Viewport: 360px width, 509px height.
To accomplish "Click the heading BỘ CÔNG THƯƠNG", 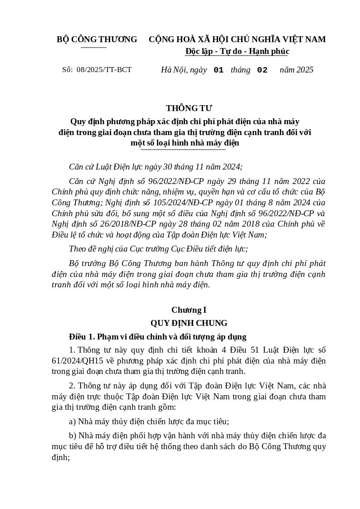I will pyautogui.click(x=97, y=39).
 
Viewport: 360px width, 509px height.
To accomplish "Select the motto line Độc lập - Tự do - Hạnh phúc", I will pyautogui.click(x=237, y=51).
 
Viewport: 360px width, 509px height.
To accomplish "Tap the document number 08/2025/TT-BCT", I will pyautogui.click(x=104, y=70).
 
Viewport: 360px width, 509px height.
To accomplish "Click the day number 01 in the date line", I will pyautogui.click(x=219, y=70).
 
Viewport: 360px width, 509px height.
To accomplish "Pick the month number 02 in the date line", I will pyautogui.click(x=262, y=70).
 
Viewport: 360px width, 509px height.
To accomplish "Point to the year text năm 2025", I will pyautogui.click(x=297, y=70).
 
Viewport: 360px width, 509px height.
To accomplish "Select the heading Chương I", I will pyautogui.click(x=189, y=310).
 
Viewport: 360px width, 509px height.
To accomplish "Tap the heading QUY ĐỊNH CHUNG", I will pyautogui.click(x=189, y=323).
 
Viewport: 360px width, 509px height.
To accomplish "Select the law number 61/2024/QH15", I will pyautogui.click(x=78, y=361).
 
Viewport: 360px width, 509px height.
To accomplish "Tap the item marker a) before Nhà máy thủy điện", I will pyautogui.click(x=73, y=422).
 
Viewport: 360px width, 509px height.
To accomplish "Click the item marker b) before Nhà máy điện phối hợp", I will pyautogui.click(x=73, y=436).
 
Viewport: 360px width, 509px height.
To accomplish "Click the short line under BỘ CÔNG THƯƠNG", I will pyautogui.click(x=94, y=47).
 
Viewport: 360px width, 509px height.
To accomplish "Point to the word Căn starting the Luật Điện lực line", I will pyautogui.click(x=77, y=167).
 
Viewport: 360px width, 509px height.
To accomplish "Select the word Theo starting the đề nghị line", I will pyautogui.click(x=78, y=249).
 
